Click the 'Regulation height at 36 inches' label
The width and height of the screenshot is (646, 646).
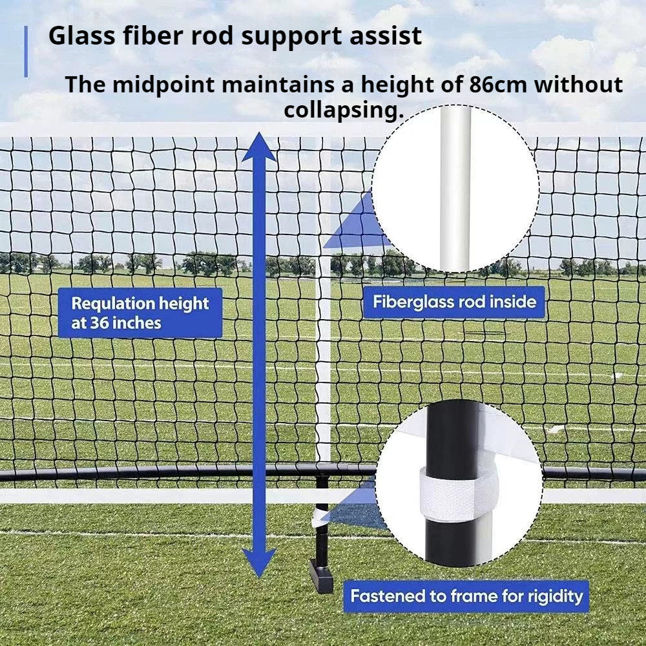(140, 313)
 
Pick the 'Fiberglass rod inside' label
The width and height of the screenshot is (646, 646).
(454, 302)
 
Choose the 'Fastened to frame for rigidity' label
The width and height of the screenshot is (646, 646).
(466, 596)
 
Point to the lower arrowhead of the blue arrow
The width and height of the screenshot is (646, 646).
(259, 563)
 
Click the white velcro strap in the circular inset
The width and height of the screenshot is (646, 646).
(457, 494)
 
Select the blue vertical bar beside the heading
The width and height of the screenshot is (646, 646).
(26, 52)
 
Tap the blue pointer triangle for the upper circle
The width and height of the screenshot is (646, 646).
(352, 226)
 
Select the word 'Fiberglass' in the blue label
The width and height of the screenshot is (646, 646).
(413, 302)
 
